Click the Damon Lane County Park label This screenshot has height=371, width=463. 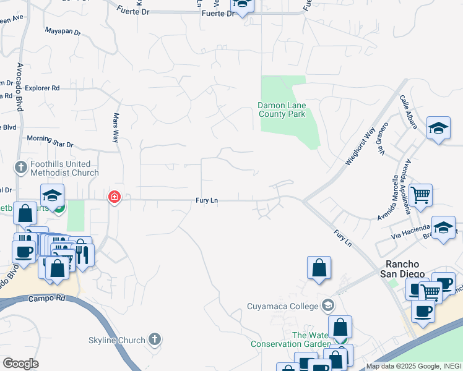(282, 109)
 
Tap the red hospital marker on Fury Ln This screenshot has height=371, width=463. (115, 197)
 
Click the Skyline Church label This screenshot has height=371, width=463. (124, 340)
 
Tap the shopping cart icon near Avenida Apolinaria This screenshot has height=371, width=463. (420, 195)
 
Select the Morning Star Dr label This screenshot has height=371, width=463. (50, 142)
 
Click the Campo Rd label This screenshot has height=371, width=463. (46, 298)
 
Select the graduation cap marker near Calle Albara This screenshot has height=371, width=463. (438, 129)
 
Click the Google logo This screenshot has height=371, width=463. (20, 364)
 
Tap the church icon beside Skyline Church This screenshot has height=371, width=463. (155, 339)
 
